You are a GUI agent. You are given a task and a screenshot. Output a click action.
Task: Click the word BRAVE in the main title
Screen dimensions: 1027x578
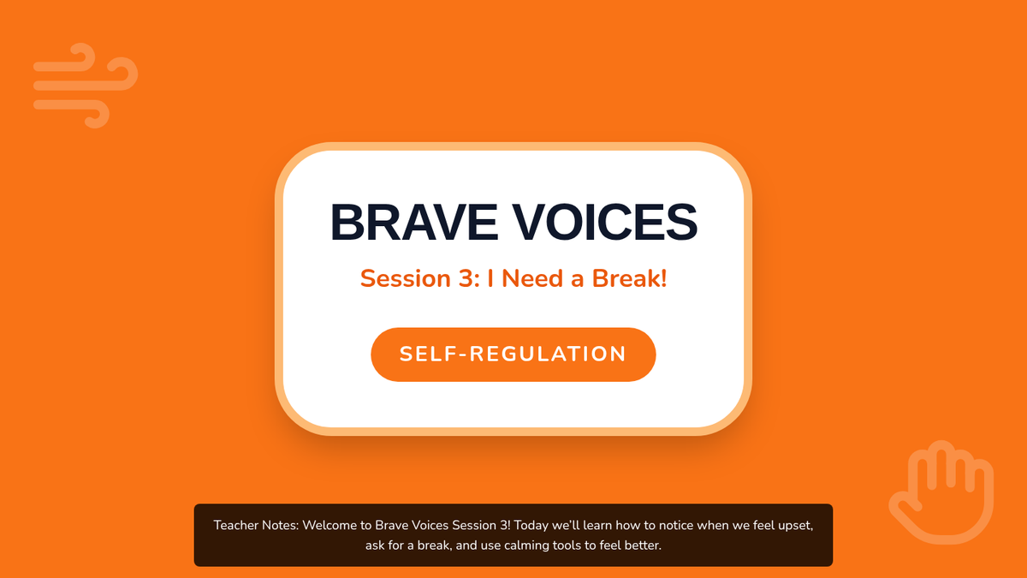click(414, 223)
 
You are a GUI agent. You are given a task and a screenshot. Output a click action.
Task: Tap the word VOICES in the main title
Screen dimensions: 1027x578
click(604, 223)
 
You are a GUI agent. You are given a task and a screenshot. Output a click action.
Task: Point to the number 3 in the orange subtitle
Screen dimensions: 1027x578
click(466, 278)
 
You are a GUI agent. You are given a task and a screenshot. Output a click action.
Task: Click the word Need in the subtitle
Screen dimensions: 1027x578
click(532, 278)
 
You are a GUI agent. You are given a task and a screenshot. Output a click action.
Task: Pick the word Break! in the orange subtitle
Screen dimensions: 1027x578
click(629, 278)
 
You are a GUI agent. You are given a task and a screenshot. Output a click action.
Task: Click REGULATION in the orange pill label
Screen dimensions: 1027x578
click(548, 355)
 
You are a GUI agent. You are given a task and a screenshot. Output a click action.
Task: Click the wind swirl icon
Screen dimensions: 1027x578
click(86, 86)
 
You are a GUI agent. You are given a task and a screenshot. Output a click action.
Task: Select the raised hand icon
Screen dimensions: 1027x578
click(941, 492)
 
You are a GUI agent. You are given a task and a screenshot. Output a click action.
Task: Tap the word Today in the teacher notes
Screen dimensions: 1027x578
click(531, 526)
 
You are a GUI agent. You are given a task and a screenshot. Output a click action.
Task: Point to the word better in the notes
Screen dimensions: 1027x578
click(641, 545)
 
